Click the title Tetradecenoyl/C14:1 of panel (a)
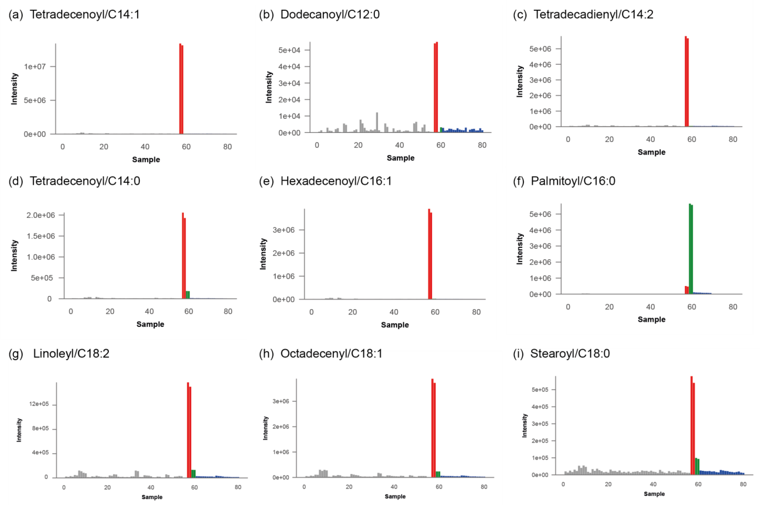[84, 14]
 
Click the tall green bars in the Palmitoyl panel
[691, 250]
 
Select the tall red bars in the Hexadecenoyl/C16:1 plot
[430, 254]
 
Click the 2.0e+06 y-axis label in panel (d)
[41, 215]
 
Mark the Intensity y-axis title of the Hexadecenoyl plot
[263, 254]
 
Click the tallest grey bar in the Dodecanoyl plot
[377, 122]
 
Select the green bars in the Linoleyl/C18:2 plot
[193, 473]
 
